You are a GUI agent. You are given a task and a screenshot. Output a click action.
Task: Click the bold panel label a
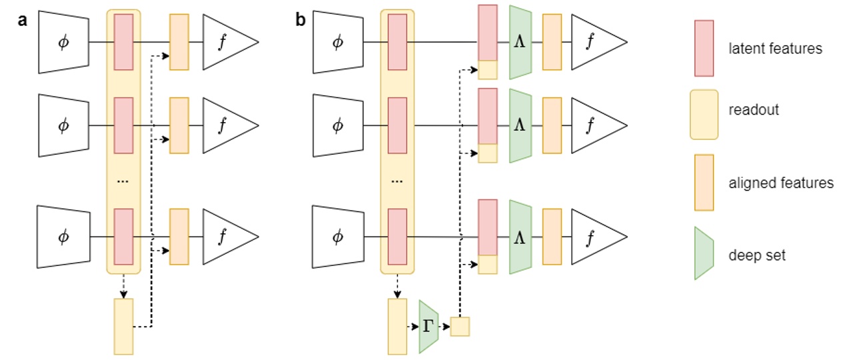pyautogui.click(x=22, y=20)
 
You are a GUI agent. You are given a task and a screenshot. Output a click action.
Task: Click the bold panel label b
pyautogui.click(x=301, y=20)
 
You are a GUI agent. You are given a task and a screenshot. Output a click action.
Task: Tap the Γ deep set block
pyautogui.click(x=428, y=326)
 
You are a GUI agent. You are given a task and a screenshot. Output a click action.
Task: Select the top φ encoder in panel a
pyautogui.click(x=63, y=42)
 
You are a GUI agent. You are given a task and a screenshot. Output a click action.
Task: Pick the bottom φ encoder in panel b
pyautogui.click(x=338, y=237)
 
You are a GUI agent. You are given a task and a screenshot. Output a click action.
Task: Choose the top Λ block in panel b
pyautogui.click(x=520, y=42)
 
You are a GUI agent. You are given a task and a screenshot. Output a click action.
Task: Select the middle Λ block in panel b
pyautogui.click(x=520, y=125)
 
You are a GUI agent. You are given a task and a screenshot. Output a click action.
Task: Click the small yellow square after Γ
pyautogui.click(x=460, y=326)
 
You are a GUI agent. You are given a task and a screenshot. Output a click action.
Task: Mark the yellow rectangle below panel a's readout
pyautogui.click(x=124, y=326)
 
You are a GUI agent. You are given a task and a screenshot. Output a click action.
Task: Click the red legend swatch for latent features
pyautogui.click(x=704, y=48)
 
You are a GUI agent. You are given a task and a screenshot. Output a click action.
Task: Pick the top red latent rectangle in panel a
pyautogui.click(x=124, y=41)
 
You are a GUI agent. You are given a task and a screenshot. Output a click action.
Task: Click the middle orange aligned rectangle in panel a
pyautogui.click(x=179, y=125)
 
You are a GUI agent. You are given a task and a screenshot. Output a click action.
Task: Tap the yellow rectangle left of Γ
pyautogui.click(x=397, y=326)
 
